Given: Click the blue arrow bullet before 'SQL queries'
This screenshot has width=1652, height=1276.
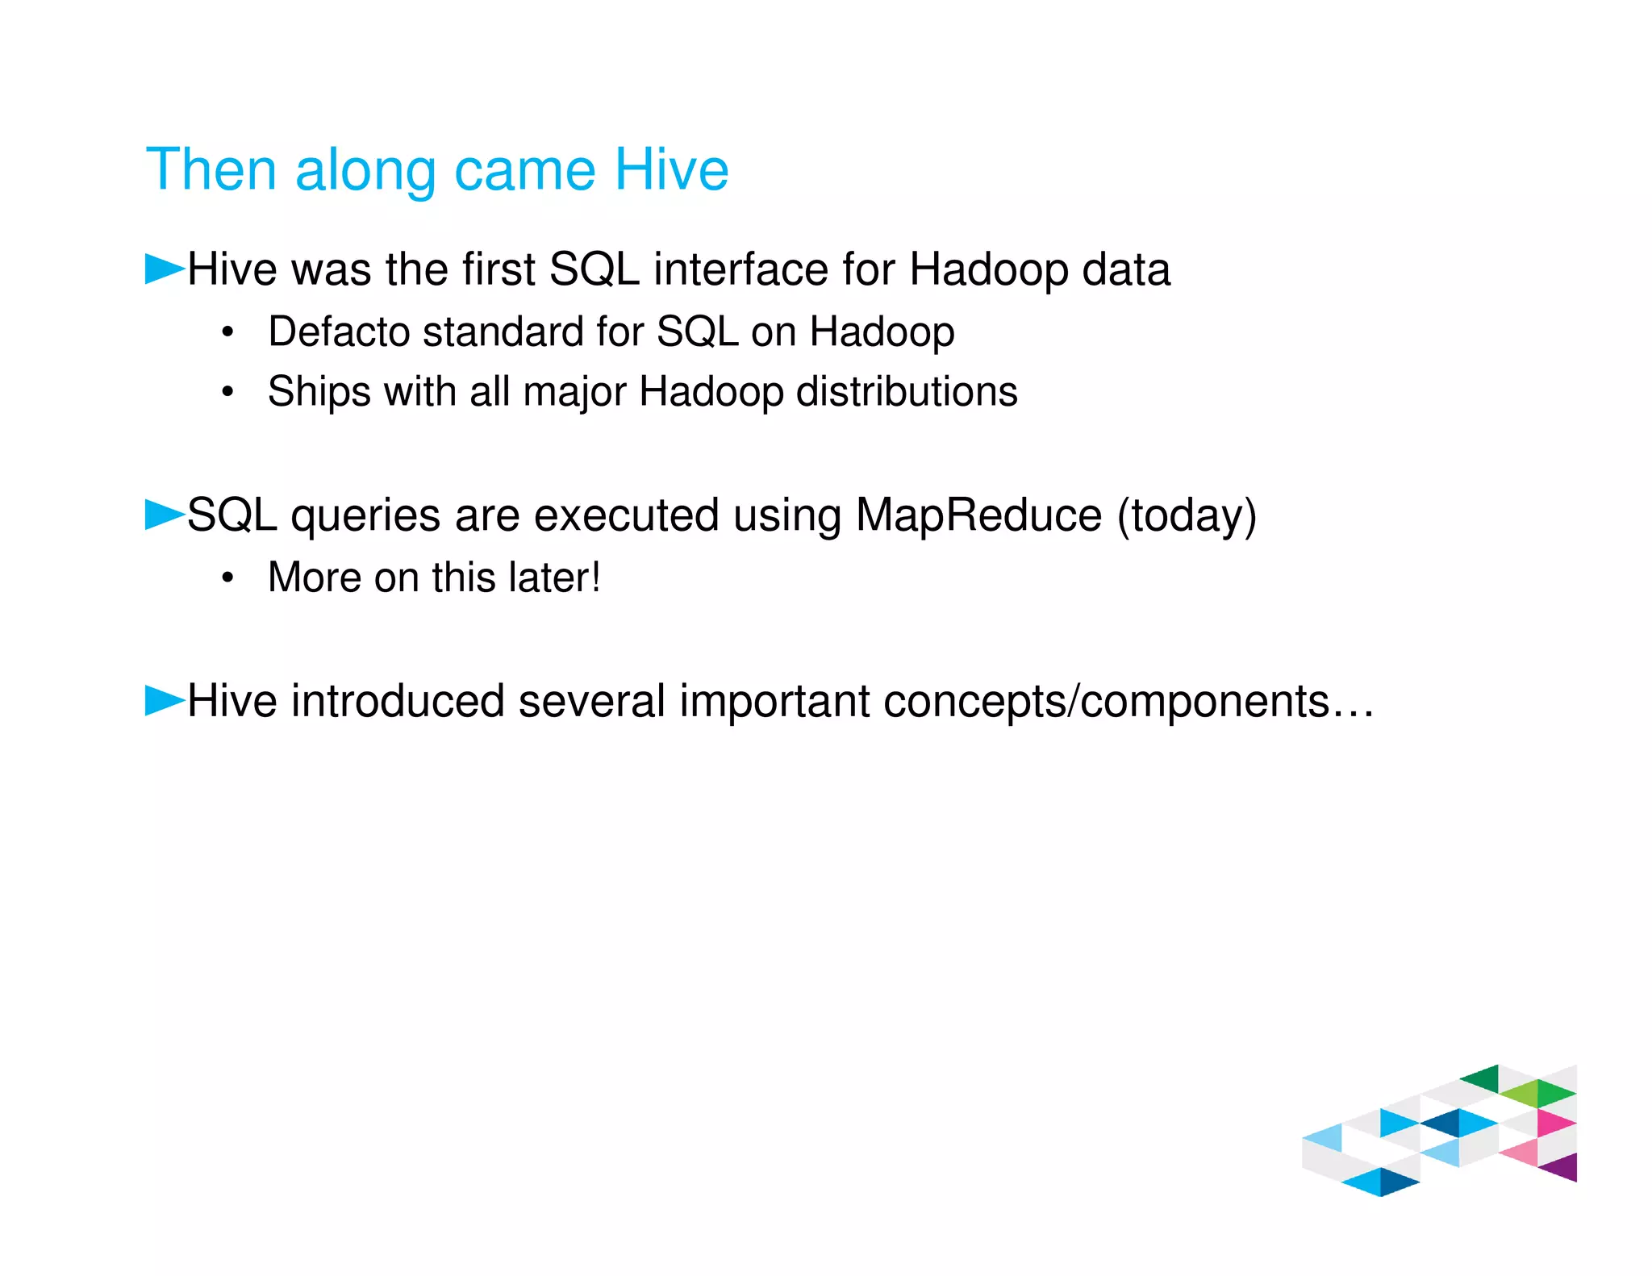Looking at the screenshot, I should (x=165, y=515).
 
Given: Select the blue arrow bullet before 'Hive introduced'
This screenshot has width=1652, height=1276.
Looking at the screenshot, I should (x=165, y=700).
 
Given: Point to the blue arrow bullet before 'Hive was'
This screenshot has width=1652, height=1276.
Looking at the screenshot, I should (x=165, y=269).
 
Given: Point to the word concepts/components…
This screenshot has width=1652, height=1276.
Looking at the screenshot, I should (x=1128, y=702).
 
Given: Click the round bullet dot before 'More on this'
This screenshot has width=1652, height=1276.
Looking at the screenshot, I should (x=228, y=578).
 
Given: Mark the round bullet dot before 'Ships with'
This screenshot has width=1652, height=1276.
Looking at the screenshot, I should (x=228, y=392).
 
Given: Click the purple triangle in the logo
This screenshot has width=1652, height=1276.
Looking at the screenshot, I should (x=1563, y=1167).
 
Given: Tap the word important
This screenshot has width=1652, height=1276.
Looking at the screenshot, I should (x=774, y=702).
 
